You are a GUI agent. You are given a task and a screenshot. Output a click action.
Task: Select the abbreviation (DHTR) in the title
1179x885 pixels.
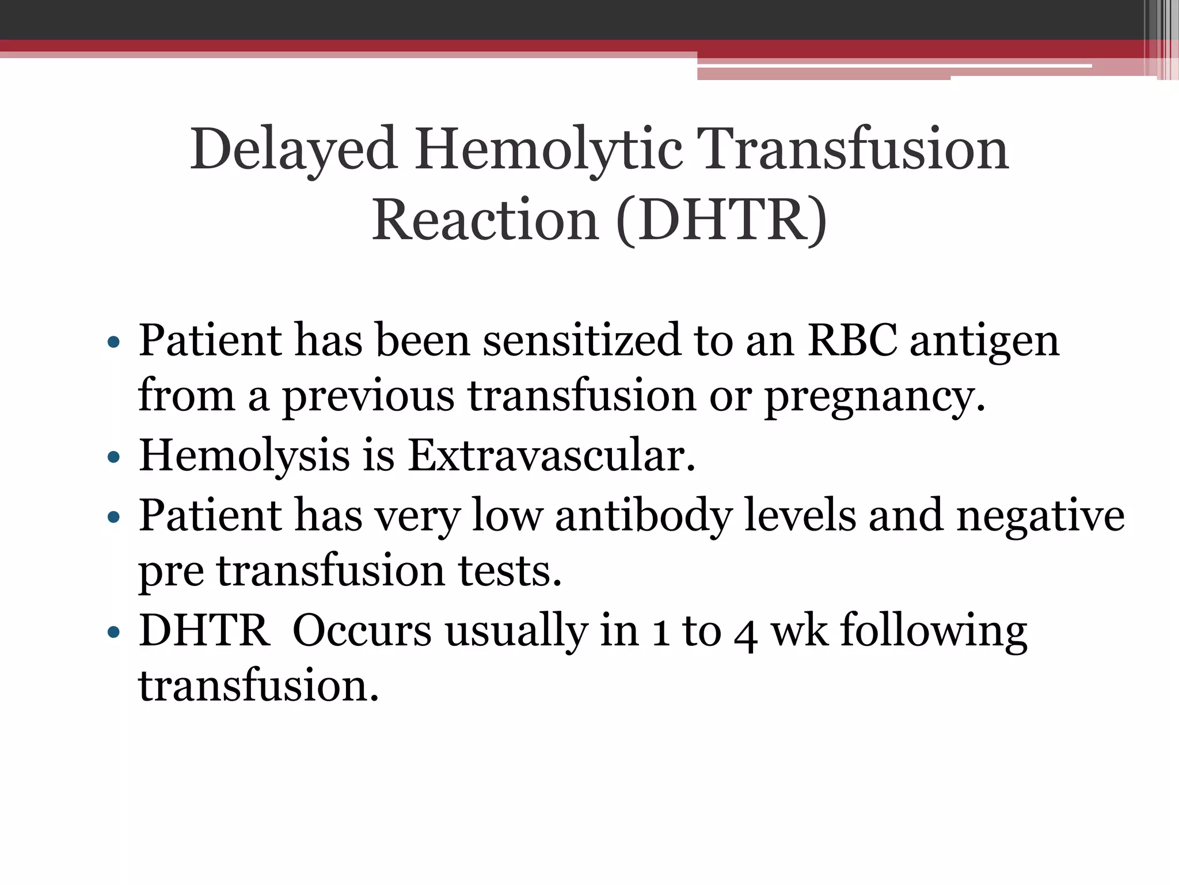pos(721,221)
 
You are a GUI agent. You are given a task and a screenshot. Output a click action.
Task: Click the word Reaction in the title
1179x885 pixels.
pos(485,221)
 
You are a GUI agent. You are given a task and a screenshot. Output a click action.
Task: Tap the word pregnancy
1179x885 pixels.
pos(874,398)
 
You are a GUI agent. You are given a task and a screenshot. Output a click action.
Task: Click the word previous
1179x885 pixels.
pos(368,398)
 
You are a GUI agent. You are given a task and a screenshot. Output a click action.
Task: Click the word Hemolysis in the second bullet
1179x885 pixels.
pos(244,456)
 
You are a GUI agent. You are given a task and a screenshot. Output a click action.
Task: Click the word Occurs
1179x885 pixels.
pos(362,630)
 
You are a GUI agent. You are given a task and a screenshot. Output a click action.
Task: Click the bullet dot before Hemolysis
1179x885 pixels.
pos(113,458)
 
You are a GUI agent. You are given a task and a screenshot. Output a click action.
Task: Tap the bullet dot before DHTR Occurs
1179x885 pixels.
pos(113,633)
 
